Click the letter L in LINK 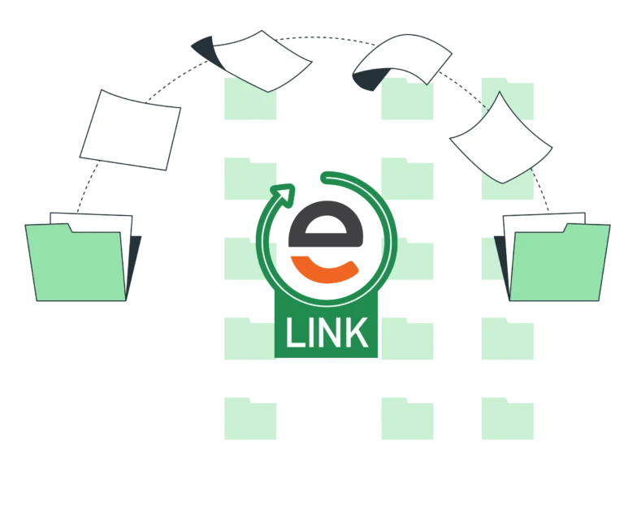(294, 333)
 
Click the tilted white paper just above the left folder (130, 130)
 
